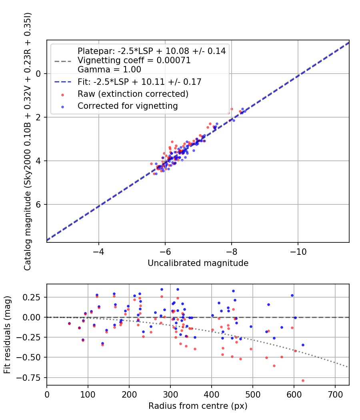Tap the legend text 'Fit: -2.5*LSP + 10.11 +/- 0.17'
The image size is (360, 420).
(x=139, y=82)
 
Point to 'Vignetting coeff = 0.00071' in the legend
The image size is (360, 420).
(x=134, y=60)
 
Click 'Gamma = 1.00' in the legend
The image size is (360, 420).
(x=109, y=69)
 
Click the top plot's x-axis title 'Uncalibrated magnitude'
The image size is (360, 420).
(x=198, y=263)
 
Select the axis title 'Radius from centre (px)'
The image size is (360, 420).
(x=198, y=406)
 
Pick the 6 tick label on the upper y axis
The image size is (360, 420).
(x=38, y=204)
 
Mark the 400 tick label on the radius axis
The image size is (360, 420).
(x=211, y=395)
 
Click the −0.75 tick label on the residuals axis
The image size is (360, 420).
(x=32, y=377)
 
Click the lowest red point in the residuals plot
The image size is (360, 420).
(x=303, y=380)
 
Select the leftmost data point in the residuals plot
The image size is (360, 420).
(x=69, y=323)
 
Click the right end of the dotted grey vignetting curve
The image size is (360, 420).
(x=348, y=367)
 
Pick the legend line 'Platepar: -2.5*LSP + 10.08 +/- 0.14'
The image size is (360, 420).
(x=152, y=51)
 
